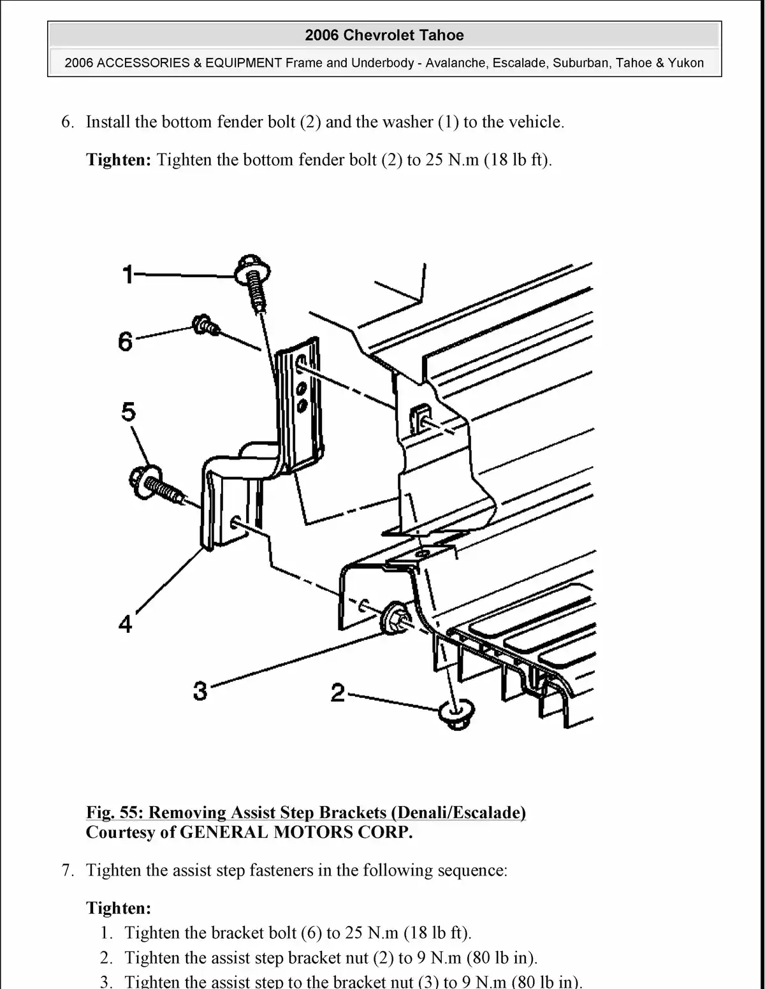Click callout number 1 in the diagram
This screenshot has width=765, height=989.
[x=128, y=275]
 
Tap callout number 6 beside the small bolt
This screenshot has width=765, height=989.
[x=126, y=342]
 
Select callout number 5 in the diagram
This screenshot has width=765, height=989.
[x=128, y=413]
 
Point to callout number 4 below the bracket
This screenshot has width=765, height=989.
[x=126, y=624]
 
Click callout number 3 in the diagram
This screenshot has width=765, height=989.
[x=200, y=690]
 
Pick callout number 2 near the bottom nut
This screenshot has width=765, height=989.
[x=337, y=692]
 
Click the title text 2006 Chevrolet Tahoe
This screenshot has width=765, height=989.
[x=384, y=35]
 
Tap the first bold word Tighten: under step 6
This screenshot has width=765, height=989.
[x=119, y=159]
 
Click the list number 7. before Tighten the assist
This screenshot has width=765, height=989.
[x=68, y=870]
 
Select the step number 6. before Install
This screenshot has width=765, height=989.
[x=68, y=122]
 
